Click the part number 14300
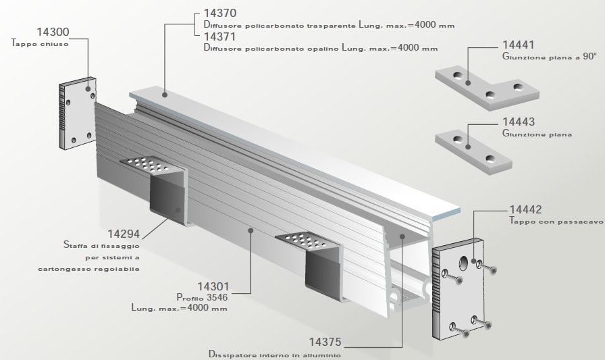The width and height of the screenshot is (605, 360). coord(52,31)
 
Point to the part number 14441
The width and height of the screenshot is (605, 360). coord(519,46)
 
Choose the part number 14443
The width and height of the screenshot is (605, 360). coord(519,122)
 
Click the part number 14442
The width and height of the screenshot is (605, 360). coord(526,209)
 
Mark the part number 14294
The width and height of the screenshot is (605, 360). coord(124,234)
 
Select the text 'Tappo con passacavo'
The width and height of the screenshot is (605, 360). coord(556,221)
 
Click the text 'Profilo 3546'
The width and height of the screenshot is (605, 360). coord(201,297)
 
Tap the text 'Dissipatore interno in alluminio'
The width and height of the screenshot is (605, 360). coord(275,354)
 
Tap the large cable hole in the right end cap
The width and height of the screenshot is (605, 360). coord(465,263)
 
